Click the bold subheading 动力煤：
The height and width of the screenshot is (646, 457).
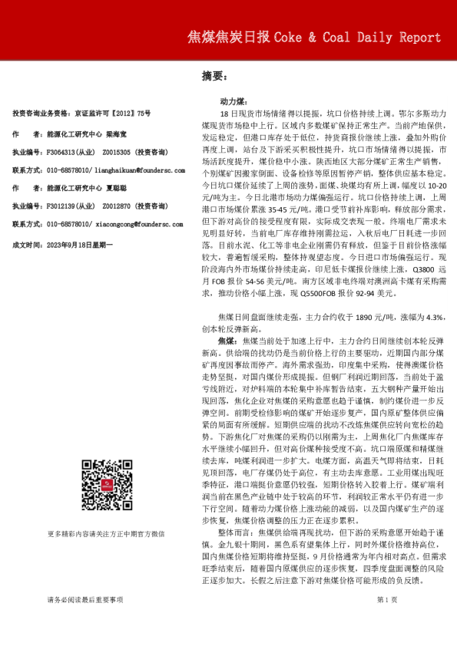coord(233,101)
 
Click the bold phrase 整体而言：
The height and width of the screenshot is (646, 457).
coord(237,509)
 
